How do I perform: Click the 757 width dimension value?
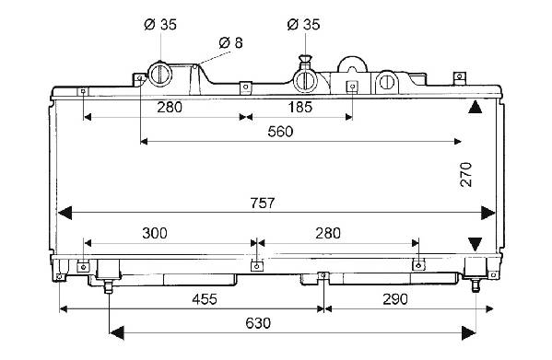click(263, 203)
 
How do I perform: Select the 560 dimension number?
click(280, 132)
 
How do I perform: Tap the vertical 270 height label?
click(465, 174)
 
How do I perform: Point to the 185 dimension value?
click(299, 107)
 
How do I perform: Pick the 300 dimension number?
click(155, 233)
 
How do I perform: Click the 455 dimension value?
click(205, 299)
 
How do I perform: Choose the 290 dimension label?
click(395, 299)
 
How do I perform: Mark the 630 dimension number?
click(258, 323)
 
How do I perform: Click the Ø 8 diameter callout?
click(230, 42)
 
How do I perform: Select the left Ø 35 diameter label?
click(160, 24)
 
